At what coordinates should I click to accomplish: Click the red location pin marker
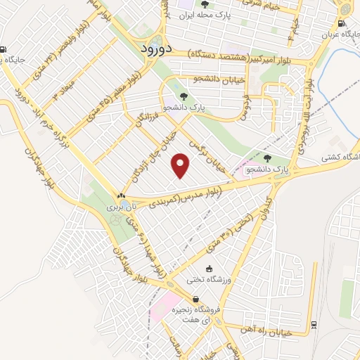coord(181,165)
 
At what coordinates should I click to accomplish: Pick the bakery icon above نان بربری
coord(122,198)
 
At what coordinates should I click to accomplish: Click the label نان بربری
coord(119,207)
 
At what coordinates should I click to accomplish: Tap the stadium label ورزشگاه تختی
coord(209,279)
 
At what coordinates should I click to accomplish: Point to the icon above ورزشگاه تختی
coord(209,269)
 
